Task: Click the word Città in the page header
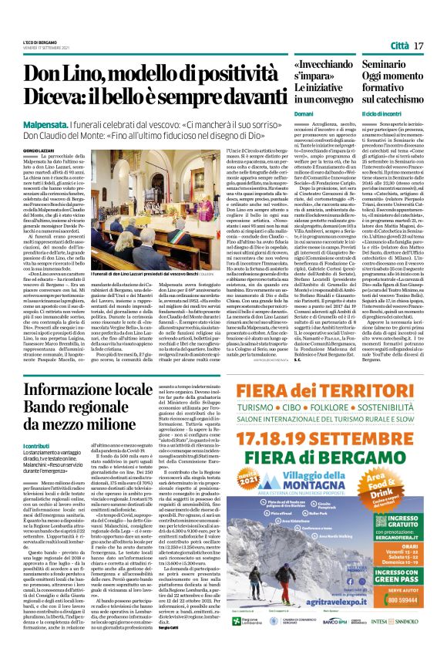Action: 399,47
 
